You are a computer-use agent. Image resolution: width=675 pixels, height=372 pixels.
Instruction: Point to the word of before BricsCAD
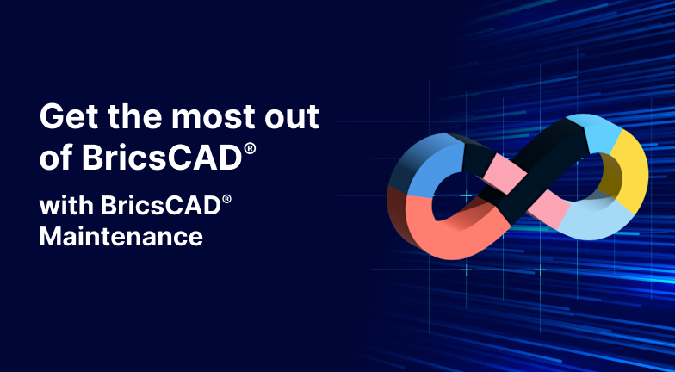tap(56, 157)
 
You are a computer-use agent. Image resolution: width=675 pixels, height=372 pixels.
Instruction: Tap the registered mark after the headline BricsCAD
tap(250, 149)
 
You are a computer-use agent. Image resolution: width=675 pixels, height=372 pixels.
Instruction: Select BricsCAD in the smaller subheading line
tap(160, 205)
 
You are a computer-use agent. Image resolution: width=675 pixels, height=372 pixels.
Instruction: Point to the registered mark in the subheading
tap(227, 200)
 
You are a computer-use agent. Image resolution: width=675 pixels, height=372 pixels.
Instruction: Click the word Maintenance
tap(121, 236)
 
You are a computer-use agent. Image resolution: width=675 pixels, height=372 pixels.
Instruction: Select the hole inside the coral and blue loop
tap(457, 196)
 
